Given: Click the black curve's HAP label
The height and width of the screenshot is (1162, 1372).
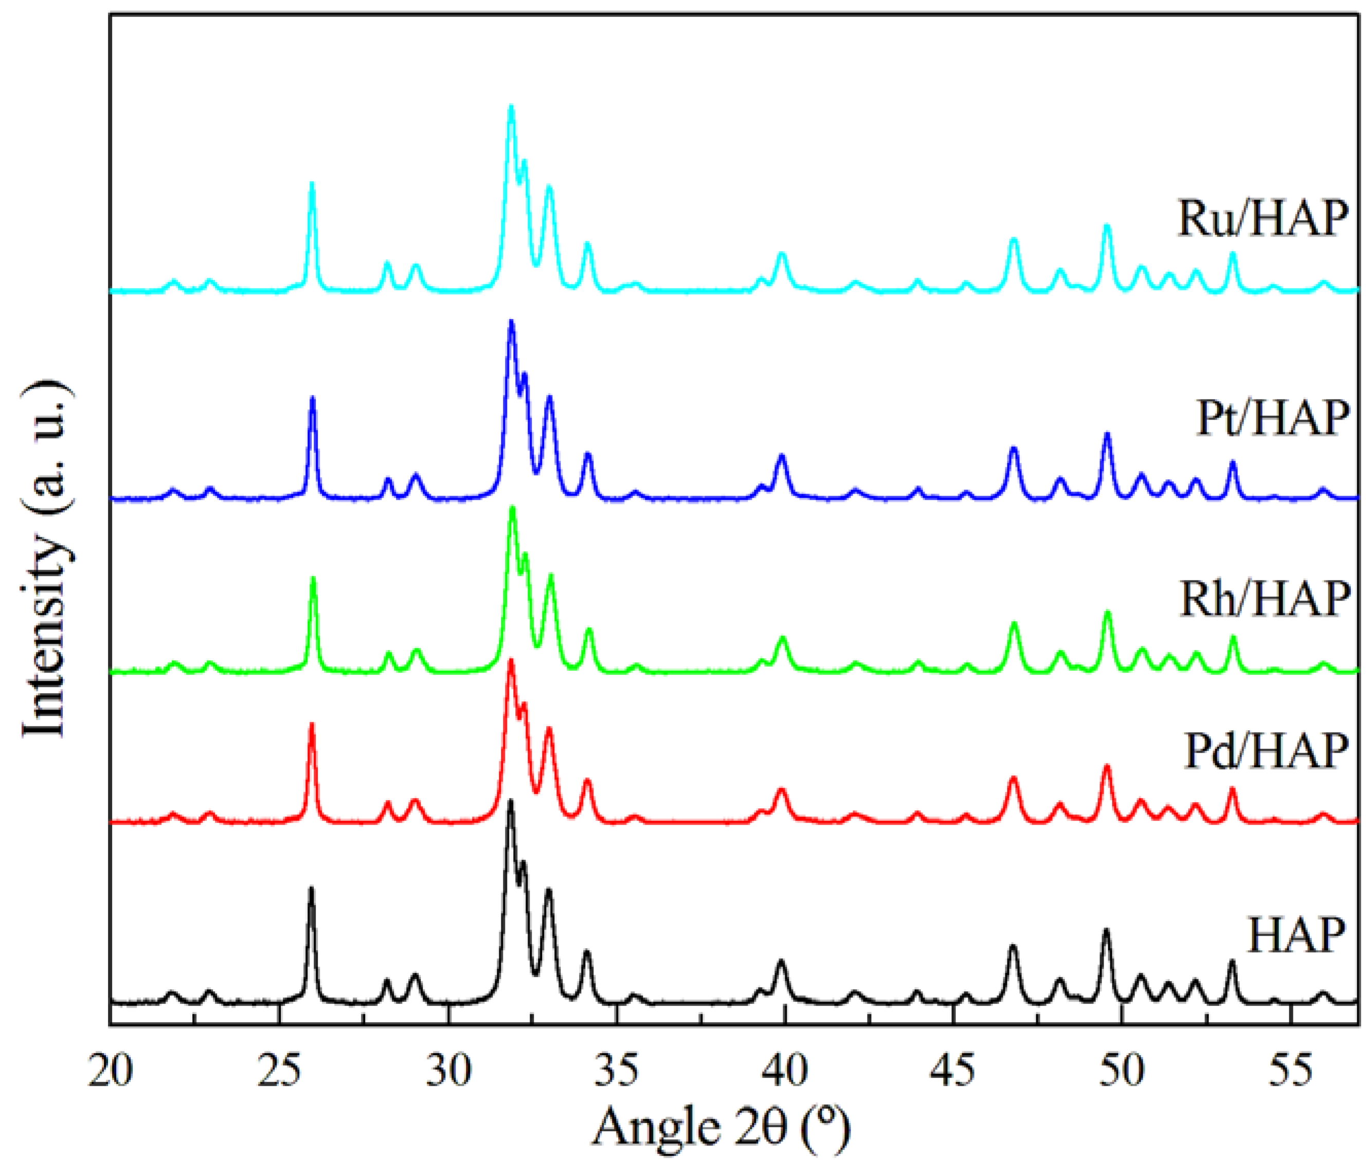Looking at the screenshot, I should [1295, 935].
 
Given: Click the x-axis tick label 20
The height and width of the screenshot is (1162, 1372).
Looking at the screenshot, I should [111, 1071].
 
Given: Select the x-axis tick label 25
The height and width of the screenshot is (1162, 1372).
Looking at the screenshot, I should [279, 1071].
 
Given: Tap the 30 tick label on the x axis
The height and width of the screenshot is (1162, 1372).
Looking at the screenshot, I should [448, 1071].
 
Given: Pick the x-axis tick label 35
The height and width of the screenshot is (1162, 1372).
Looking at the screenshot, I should [617, 1071].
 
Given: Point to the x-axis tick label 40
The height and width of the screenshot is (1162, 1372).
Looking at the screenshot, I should [785, 1071].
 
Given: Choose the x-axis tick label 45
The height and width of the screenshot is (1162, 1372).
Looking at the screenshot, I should [954, 1071].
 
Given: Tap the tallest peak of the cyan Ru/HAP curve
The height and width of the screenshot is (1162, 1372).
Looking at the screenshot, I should [511, 107].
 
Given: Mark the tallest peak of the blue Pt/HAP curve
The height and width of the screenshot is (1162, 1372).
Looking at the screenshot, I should [511, 322].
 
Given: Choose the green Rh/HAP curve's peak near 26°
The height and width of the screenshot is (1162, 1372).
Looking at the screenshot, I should [313, 579].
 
